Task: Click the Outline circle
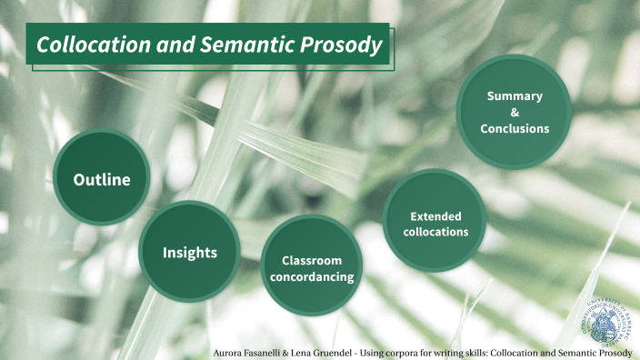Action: coord(102,178)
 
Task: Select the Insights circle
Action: coord(189,252)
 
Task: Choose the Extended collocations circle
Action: coord(435,223)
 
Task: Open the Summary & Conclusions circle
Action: coord(514,112)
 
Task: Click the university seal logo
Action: coord(610,318)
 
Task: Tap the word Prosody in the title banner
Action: coord(340,45)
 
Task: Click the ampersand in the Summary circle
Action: coord(515,112)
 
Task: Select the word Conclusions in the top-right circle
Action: coord(515,128)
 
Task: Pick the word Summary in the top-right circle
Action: coord(515,95)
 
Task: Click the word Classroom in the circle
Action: coord(312,260)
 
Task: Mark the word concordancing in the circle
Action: coord(312,276)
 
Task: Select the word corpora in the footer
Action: coord(415,351)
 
